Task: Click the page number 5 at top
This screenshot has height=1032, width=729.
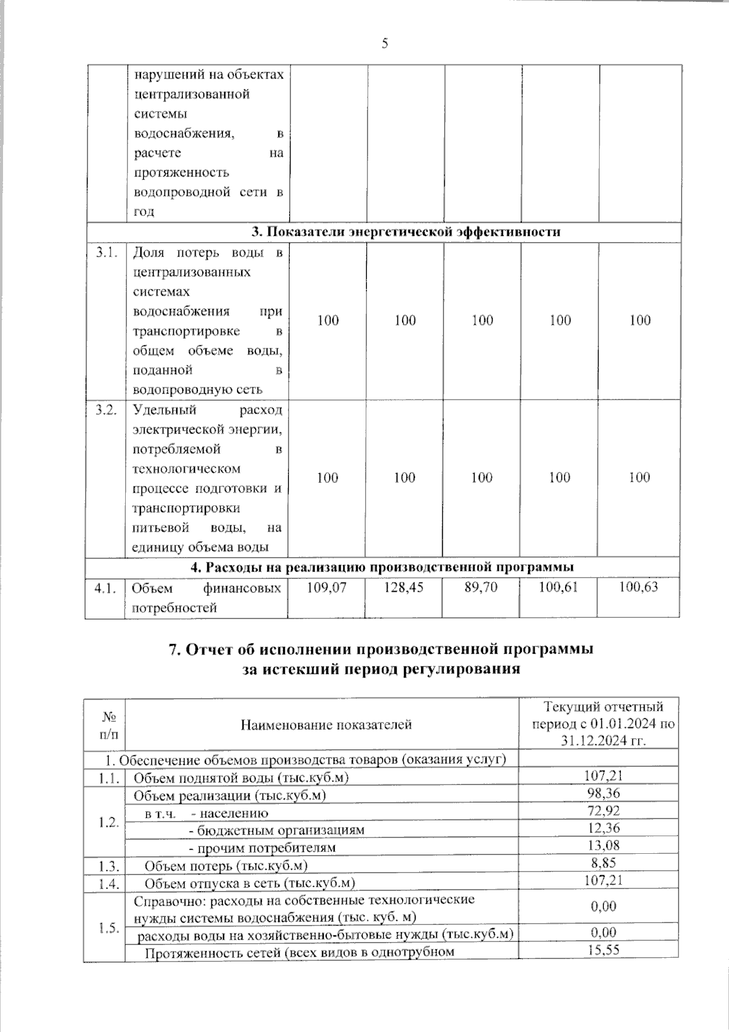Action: (384, 43)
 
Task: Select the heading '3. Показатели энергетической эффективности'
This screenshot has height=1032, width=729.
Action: (406, 232)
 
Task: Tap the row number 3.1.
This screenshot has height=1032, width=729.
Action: (105, 253)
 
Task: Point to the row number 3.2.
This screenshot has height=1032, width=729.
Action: (105, 410)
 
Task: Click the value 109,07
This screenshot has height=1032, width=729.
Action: (327, 587)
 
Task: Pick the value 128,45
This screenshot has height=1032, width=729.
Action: (404, 587)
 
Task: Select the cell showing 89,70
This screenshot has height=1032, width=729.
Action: (482, 587)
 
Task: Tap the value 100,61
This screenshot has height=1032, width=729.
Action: (559, 587)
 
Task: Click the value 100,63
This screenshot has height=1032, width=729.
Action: (638, 587)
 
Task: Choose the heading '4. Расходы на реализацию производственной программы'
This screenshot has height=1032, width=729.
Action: (382, 567)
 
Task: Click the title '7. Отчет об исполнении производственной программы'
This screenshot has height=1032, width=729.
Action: (381, 649)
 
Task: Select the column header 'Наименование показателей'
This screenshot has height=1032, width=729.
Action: (326, 724)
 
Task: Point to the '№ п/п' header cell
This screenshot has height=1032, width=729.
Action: (109, 724)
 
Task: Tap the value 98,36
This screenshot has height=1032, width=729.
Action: (604, 793)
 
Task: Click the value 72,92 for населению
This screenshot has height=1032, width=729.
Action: (604, 810)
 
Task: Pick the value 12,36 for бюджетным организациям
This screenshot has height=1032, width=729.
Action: (604, 828)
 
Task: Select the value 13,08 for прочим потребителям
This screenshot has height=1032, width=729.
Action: (604, 845)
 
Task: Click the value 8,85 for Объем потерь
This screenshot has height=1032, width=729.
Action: (604, 862)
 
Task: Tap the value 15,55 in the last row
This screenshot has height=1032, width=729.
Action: (604, 949)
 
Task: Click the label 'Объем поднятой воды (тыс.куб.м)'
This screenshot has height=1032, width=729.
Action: (241, 777)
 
